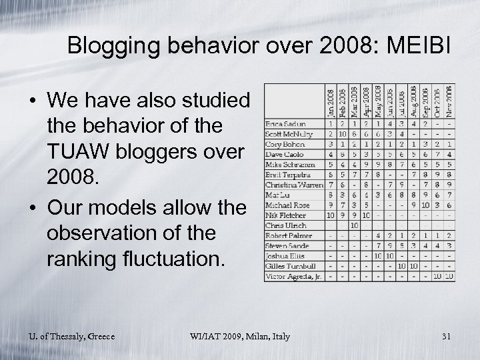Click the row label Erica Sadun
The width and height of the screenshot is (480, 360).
(285, 124)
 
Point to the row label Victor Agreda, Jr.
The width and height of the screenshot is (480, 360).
(294, 275)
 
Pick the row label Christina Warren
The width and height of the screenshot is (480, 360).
(293, 184)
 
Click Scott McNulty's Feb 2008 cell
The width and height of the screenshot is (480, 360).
(342, 134)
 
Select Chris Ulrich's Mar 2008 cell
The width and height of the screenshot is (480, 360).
(354, 225)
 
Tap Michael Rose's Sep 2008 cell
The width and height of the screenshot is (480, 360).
(425, 205)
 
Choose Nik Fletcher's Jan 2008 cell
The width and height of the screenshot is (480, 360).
(330, 215)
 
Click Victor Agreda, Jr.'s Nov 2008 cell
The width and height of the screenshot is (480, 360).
(449, 275)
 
